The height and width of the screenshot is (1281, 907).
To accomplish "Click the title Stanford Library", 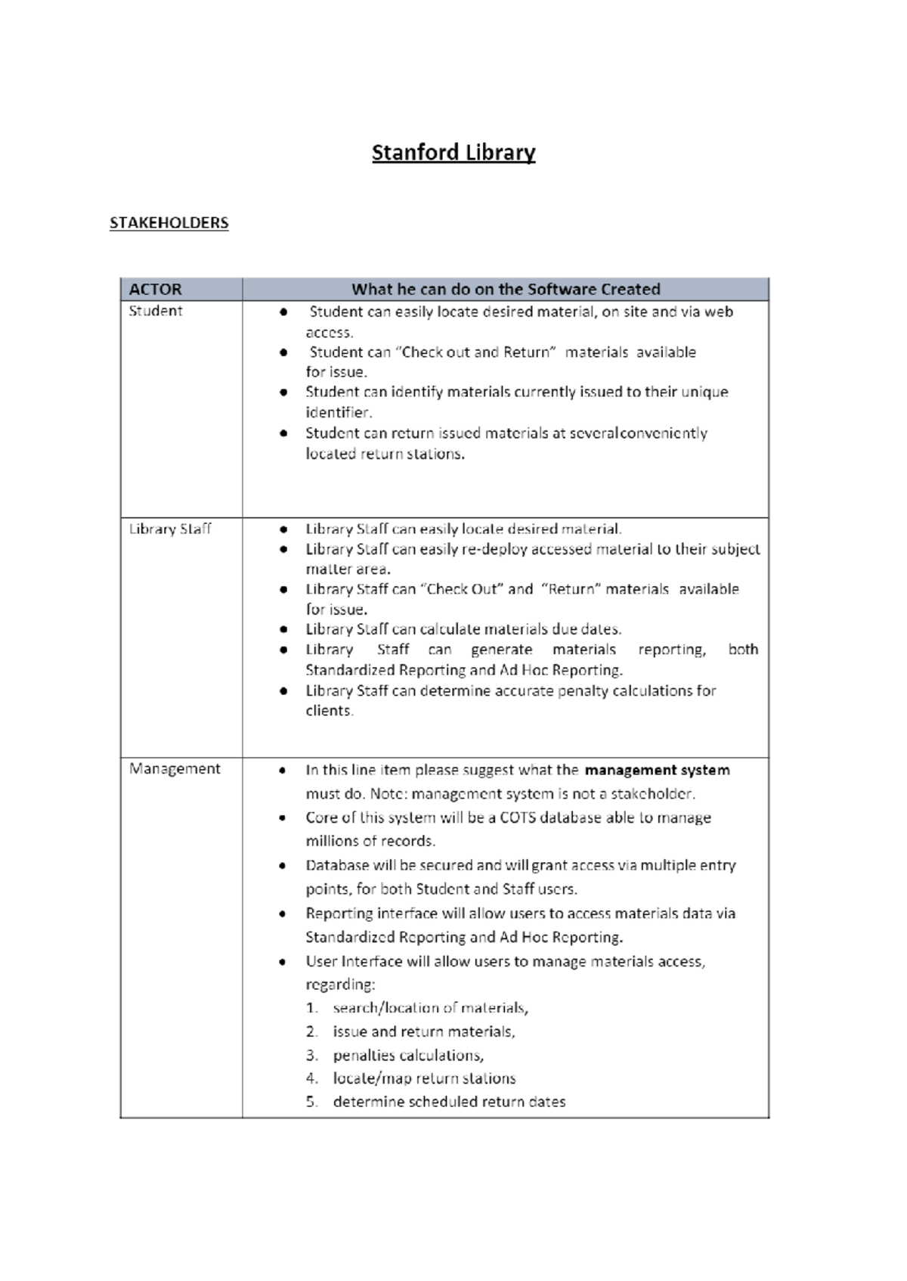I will point(453,153).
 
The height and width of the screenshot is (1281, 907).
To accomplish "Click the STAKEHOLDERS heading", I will point(169,223).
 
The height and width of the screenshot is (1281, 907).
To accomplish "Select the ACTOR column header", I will point(156,290).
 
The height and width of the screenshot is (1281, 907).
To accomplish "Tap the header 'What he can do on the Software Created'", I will point(506,290).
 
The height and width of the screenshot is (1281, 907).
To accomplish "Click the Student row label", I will point(156,311).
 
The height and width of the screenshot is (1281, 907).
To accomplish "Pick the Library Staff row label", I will point(170,529).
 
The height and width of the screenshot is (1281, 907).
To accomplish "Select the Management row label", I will point(175,769).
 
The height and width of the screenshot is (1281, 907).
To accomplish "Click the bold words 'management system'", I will point(657,771).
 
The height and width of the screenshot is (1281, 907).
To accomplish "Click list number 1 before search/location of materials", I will point(311,1008).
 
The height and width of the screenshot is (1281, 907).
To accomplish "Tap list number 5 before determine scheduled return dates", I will point(311,1102).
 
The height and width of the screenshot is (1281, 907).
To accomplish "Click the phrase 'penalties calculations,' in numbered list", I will point(408,1055).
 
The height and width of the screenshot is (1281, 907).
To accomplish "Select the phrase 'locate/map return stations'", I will point(424,1078).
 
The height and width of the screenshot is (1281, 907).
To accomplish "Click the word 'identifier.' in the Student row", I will point(339,413).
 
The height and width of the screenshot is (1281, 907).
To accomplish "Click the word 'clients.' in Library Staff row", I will point(329,711).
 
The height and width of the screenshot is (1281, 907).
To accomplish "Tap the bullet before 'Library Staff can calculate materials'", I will point(283,629).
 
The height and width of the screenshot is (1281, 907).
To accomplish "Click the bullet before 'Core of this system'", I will point(282,818).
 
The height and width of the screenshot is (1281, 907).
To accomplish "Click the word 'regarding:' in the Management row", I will point(340,985).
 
